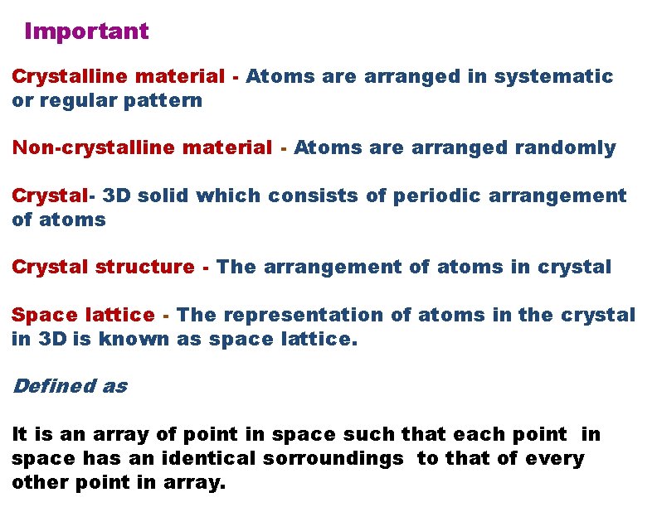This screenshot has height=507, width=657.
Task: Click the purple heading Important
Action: coord(86,31)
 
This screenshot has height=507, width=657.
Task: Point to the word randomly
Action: coord(565,148)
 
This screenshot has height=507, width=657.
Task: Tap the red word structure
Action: coord(144,268)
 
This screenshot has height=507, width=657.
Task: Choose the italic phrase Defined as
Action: coord(70,386)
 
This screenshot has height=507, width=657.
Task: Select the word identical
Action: coord(212,458)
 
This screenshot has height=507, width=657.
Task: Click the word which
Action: coord(229,196)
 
